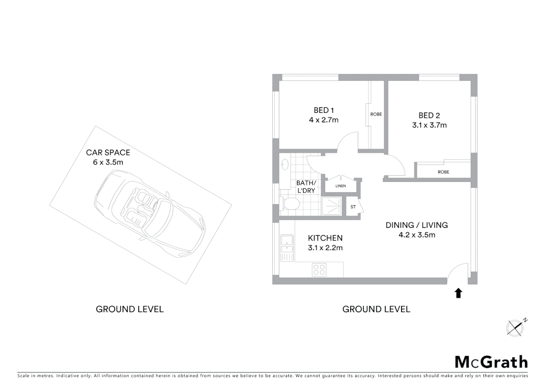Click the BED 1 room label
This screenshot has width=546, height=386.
click(323, 110)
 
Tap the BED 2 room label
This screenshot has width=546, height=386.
click(429, 115)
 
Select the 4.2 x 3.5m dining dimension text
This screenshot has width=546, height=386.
click(417, 235)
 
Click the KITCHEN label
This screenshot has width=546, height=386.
click(325, 238)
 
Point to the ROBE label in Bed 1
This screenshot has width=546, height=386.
click(376, 114)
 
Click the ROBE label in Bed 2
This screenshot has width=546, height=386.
click(443, 172)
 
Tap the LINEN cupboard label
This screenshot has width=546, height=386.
click(341, 186)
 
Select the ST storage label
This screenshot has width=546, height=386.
click(353, 207)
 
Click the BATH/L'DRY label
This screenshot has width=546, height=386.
click(306, 187)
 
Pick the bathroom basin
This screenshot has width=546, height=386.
click(285, 164)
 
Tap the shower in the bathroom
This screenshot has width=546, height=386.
click(332, 206)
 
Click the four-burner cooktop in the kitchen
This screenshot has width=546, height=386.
click(319, 269)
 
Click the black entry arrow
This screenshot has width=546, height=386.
click(458, 293)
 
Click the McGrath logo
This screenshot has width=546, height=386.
click(491, 362)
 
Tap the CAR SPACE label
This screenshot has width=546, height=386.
click(108, 153)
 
